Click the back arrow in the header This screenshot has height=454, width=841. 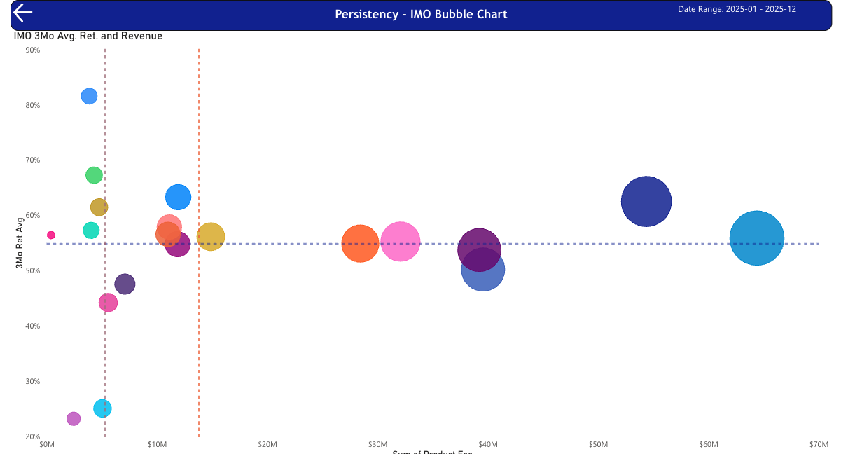tap(23, 13)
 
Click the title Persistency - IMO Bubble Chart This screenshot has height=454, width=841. tap(420, 14)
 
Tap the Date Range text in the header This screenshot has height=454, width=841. tap(737, 9)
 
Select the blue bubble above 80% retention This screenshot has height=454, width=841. tap(89, 96)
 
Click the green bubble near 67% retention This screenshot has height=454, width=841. tap(94, 175)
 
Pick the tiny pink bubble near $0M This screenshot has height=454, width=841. tap(51, 235)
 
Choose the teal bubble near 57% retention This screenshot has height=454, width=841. tap(91, 230)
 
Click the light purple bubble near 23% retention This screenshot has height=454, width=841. tap(74, 418)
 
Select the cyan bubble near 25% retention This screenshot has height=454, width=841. tap(102, 408)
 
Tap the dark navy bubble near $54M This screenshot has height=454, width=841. tap(646, 201)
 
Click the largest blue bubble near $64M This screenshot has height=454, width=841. tap(756, 238)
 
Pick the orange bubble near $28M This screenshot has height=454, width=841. tap(360, 244)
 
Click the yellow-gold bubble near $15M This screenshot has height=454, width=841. tap(211, 237)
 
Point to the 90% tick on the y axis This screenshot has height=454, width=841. tap(32, 50)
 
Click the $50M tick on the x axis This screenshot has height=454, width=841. tap(598, 445)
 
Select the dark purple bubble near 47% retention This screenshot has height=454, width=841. tap(125, 284)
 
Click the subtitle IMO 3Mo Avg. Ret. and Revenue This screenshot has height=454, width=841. tap(88, 36)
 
